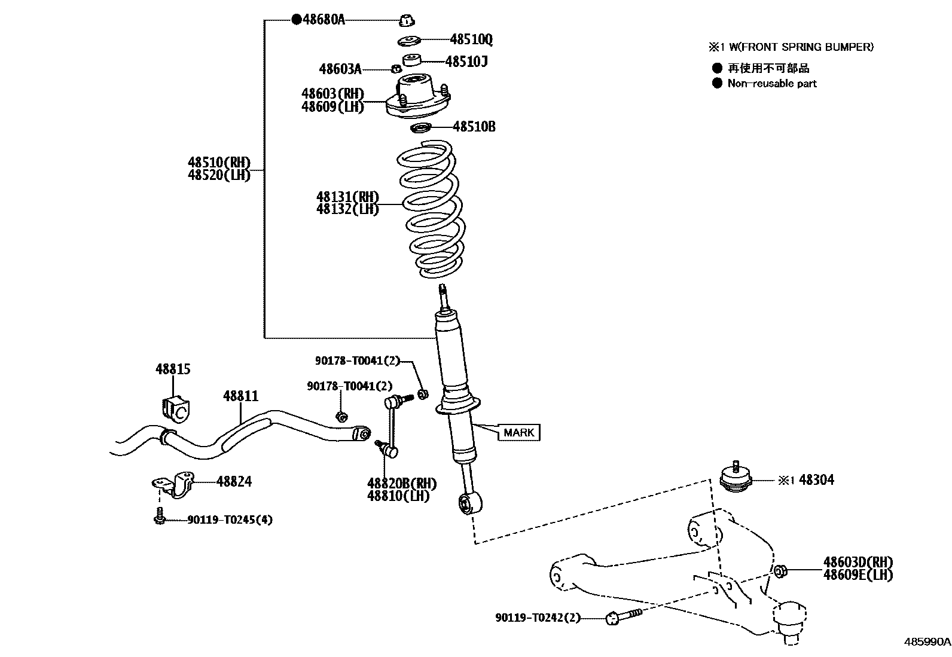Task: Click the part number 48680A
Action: coord(324,19)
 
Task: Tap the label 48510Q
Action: coord(471,39)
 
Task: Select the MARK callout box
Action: coord(518,432)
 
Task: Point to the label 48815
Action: coord(173,369)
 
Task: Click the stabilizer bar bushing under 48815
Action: coord(175,407)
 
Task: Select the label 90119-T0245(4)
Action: coord(230,520)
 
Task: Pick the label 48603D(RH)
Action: coord(858,562)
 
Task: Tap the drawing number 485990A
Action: coord(926,642)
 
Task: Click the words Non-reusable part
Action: coord(771,84)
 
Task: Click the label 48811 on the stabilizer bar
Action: coord(240,396)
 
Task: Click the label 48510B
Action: coord(474,127)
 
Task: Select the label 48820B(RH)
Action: coord(401,483)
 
